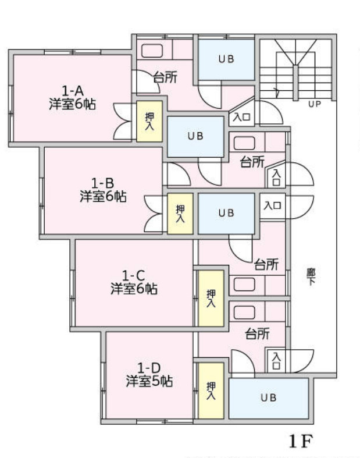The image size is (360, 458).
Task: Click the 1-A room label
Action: tap(73, 91)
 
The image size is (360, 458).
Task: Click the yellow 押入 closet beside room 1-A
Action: tap(149, 122)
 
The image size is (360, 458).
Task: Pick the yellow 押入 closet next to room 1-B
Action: tap(180, 214)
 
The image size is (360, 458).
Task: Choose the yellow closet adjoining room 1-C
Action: tap(211, 298)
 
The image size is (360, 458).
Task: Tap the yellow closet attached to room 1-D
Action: tap(211, 390)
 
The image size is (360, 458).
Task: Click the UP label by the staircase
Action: tap(315, 105)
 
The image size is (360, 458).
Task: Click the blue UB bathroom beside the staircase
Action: tap(227, 59)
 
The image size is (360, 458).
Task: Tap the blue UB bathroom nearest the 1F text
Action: tap(268, 398)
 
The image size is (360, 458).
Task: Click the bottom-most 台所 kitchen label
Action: tap(256, 334)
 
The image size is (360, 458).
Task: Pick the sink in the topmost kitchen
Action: tap(152, 50)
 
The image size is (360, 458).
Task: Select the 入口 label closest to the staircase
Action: tap(242, 116)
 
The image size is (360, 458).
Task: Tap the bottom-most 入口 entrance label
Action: tap(276, 360)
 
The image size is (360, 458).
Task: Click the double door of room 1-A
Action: tap(123, 120)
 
